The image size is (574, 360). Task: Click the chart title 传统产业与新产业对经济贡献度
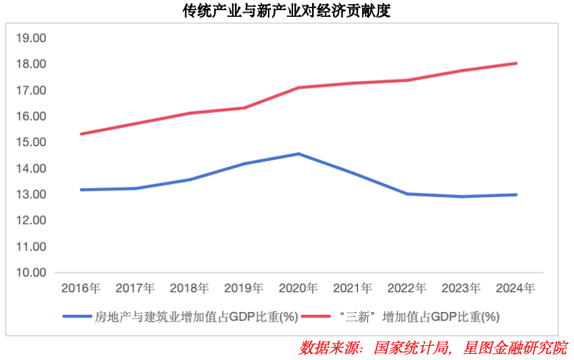coord(287,12)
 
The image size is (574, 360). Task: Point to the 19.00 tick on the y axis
coord(30,38)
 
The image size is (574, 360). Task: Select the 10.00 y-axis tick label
coord(30,273)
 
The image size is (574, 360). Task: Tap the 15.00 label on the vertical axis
coord(30,142)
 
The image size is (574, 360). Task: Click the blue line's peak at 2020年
coord(299,154)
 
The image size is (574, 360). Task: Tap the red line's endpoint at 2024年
coord(516,64)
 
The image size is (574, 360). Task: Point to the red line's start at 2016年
coord(81,134)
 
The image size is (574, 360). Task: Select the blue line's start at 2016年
coord(81,189)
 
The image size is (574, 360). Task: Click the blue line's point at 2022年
coord(407,194)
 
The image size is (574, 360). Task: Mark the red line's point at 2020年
coord(299,87)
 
